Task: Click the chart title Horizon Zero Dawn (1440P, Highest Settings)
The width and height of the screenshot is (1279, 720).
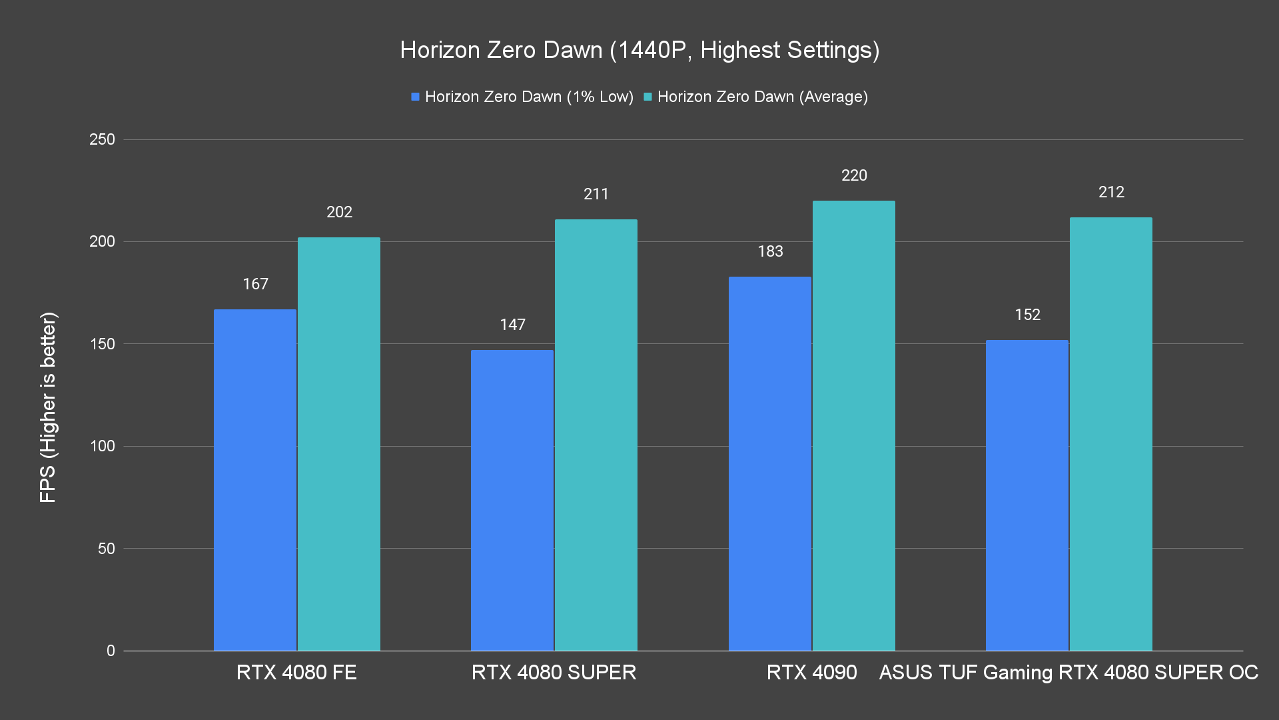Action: click(639, 50)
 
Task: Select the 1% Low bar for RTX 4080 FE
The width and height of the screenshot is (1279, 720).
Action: click(255, 480)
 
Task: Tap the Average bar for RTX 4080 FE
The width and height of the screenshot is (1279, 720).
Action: click(339, 444)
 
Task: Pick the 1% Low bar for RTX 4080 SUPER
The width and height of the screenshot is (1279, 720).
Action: click(512, 500)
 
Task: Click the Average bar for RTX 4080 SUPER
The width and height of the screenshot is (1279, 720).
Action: click(596, 435)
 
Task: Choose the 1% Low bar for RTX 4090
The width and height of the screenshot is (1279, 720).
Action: click(770, 463)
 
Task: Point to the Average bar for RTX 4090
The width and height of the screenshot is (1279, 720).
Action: click(854, 425)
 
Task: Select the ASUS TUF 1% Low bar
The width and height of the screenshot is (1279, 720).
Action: click(1027, 495)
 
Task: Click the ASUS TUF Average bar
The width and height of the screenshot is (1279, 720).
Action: click(1111, 434)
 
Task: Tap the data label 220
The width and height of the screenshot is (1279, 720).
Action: click(854, 175)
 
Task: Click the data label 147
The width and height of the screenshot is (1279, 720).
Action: click(512, 325)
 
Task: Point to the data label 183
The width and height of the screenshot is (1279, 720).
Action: click(770, 251)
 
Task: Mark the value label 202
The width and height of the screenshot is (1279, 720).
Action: click(339, 212)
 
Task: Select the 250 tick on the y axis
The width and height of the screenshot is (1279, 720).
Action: click(102, 139)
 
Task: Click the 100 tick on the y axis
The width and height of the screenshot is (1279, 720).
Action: click(102, 446)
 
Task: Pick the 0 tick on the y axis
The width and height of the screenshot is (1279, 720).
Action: click(111, 651)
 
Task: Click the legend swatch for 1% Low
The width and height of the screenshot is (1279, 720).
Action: click(415, 97)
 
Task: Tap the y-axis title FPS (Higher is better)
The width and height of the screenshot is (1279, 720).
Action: click(48, 407)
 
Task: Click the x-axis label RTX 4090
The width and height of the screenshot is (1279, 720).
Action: click(811, 672)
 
